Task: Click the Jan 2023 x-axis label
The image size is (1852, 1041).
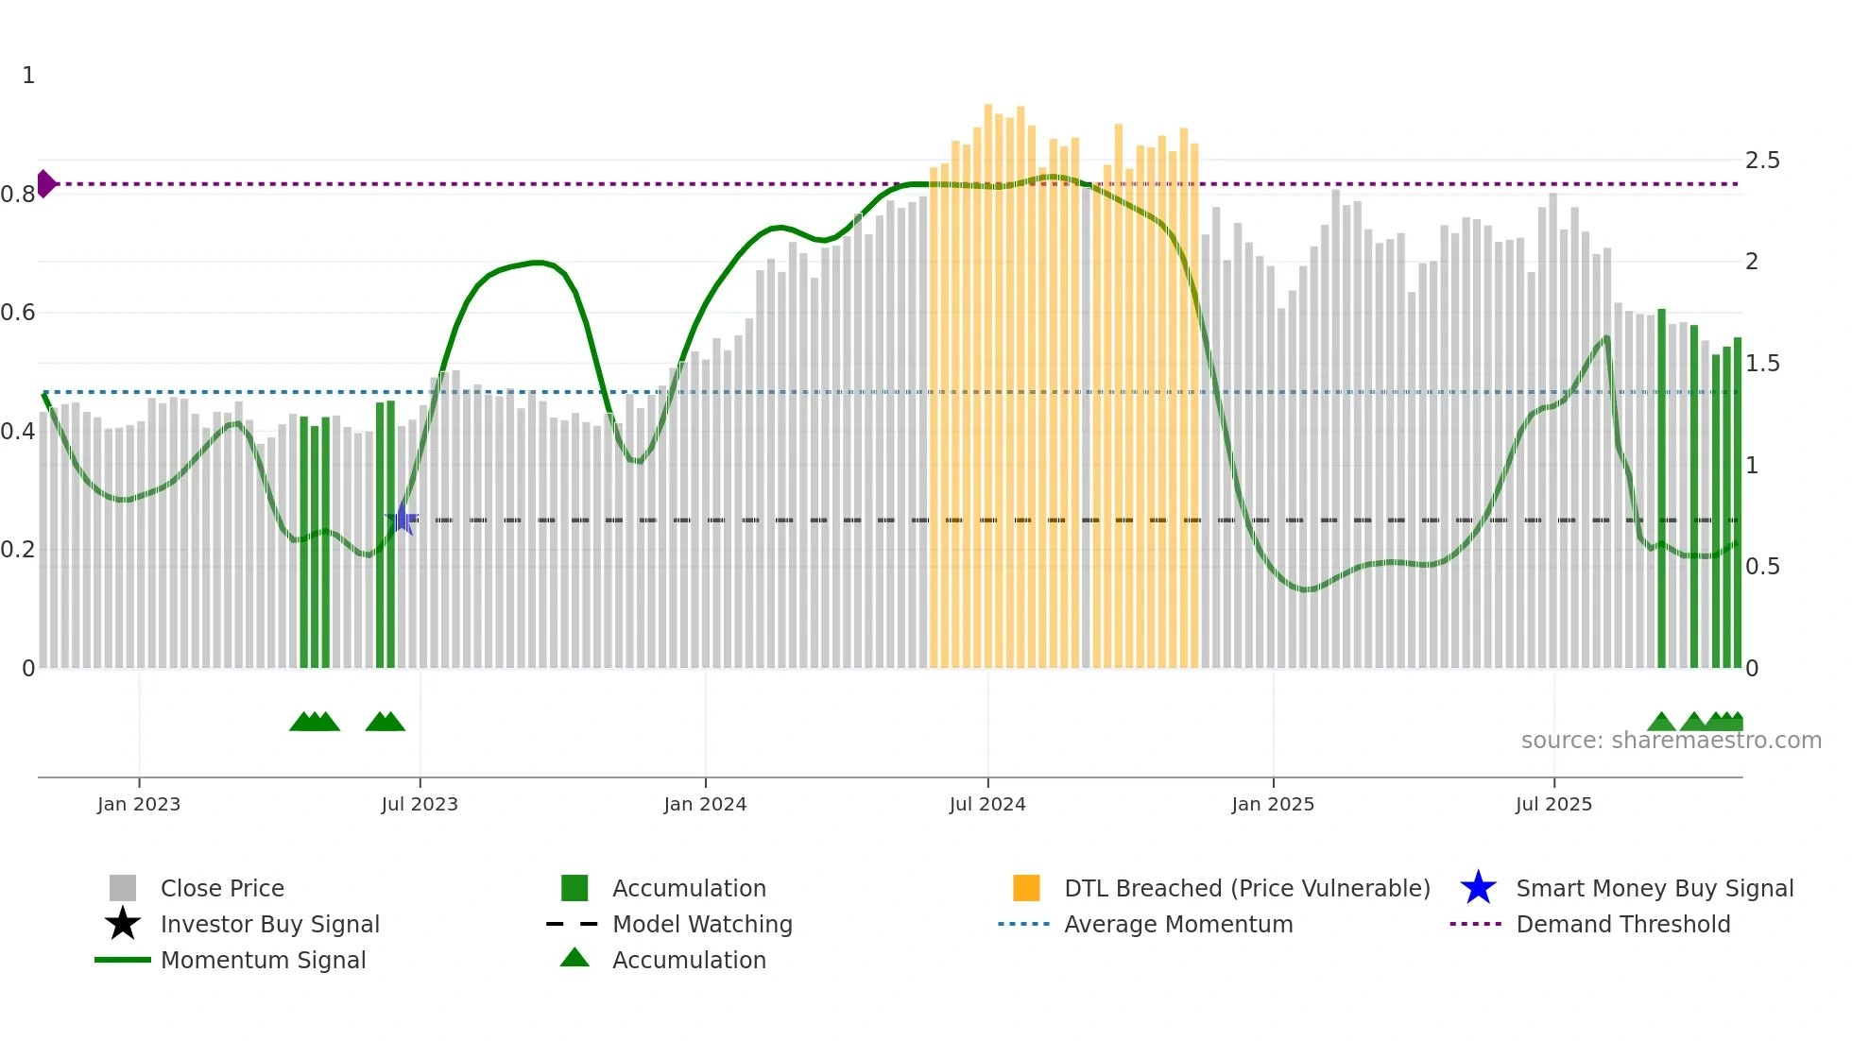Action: (138, 804)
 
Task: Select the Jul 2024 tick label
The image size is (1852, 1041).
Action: (986, 804)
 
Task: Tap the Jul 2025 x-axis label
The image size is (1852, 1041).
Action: (1552, 804)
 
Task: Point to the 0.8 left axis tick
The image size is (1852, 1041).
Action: (18, 195)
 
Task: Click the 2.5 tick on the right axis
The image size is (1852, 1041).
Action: (1761, 161)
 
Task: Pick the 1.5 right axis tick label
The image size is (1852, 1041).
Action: (1761, 364)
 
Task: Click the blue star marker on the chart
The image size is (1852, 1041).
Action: (403, 520)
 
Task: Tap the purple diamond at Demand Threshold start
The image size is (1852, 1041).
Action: (45, 184)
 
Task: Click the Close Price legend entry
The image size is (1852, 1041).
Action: (221, 888)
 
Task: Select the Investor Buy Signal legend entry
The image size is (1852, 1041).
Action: (269, 924)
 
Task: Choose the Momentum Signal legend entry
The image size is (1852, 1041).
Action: (263, 960)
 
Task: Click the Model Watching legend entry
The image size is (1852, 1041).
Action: (701, 924)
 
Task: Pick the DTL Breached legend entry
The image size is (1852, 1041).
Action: (1246, 888)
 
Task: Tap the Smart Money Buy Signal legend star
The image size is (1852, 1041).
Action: (1478, 888)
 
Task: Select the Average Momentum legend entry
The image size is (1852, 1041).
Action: (1177, 924)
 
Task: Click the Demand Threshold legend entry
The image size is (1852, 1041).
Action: (1622, 924)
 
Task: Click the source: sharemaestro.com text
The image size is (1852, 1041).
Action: (1671, 741)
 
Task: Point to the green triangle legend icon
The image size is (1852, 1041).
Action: (574, 958)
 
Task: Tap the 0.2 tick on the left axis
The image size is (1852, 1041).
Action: (18, 550)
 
